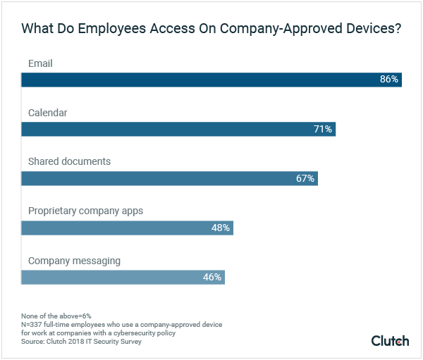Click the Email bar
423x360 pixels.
211,80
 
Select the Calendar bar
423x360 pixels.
178,129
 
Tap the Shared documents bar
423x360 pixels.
169,178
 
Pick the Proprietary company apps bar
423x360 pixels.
127,228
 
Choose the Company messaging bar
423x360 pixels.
123,277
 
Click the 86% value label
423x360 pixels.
389,80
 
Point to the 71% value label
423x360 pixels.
323,129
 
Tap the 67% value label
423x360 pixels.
305,178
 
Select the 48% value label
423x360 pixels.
221,228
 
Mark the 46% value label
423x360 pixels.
212,277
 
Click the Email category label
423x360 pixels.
40,63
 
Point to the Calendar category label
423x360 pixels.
47,113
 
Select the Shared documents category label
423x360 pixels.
69,161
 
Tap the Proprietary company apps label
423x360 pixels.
85,211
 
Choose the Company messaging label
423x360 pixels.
74,261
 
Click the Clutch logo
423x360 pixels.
390,341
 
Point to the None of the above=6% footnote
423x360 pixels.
56,316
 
